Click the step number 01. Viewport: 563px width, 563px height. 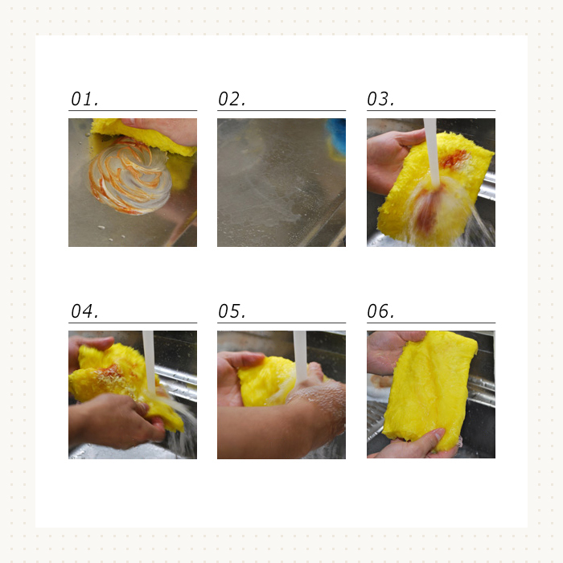(84, 99)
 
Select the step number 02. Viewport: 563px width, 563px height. (232, 99)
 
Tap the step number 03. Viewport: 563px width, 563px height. (380, 99)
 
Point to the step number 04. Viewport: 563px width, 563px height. (84, 311)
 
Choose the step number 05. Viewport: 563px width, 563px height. (232, 311)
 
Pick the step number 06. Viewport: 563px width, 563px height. (380, 311)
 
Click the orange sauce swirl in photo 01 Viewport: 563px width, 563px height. (129, 176)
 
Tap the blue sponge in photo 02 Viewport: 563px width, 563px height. (337, 138)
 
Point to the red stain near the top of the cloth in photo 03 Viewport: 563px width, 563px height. (454, 158)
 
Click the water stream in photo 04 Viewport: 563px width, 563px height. (149, 363)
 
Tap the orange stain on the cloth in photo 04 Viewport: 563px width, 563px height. (111, 372)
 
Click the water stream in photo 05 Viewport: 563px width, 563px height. (300, 355)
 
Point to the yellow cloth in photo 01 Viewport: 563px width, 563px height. (144, 137)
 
